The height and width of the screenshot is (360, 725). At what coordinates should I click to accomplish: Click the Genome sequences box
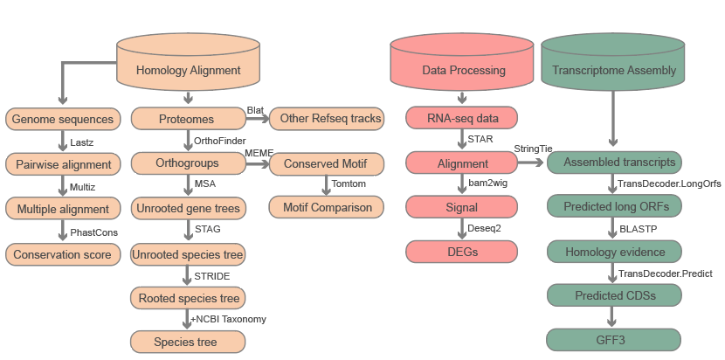63,118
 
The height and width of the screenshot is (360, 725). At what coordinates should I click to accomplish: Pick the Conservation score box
63,254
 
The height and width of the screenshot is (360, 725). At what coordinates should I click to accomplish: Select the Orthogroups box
185,163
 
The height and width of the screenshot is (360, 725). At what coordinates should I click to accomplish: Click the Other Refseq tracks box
328,118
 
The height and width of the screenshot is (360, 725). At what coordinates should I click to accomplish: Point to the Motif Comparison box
328,208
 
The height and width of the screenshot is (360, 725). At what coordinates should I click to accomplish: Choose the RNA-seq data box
463,118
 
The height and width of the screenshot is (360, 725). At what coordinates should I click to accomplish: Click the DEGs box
463,252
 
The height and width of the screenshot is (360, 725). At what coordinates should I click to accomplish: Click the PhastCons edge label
93,232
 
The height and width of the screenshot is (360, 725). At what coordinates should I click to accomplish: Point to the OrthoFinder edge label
219,141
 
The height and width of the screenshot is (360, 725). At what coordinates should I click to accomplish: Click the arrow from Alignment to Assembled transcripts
534,163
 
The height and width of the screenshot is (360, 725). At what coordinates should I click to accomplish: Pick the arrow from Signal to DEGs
463,229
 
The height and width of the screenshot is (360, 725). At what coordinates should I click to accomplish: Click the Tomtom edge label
349,185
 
